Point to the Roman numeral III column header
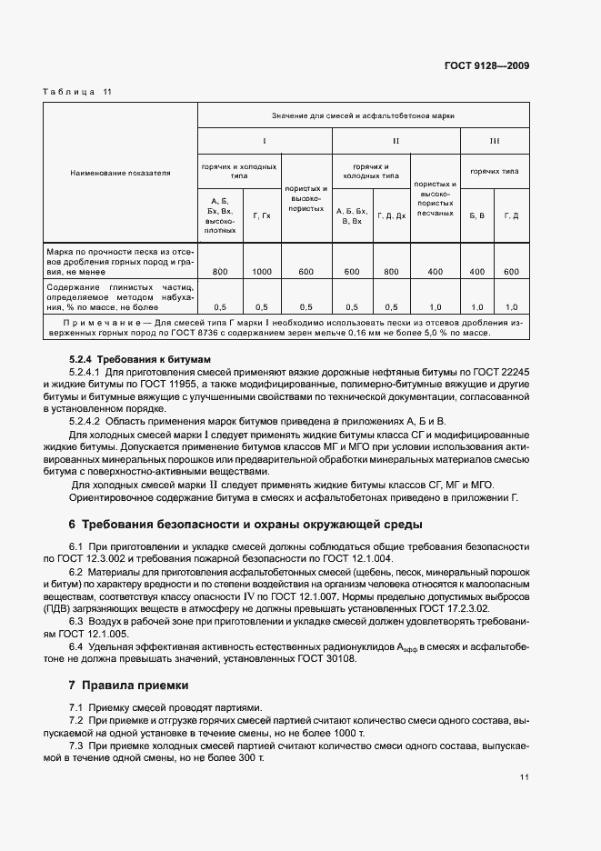pyautogui.click(x=494, y=142)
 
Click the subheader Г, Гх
pyautogui.click(x=262, y=215)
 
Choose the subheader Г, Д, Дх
pyautogui.click(x=392, y=215)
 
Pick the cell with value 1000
pyautogui.click(x=262, y=272)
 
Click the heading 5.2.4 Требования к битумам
pyautogui.click(x=134, y=360)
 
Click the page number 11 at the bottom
pyautogui.click(x=525, y=777)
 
